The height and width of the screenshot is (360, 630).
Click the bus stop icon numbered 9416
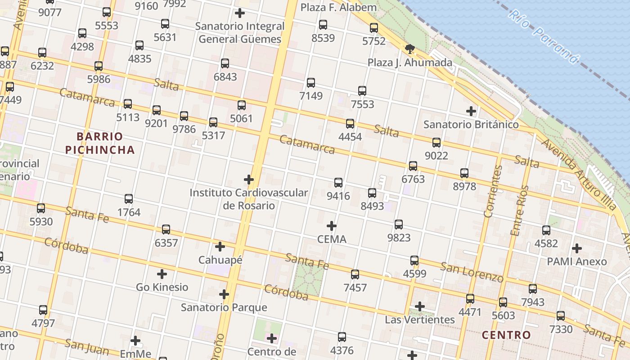[x=338, y=183]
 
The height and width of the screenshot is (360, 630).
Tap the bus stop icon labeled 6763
[x=413, y=166]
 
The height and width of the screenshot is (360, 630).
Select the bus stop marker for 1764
[x=129, y=199]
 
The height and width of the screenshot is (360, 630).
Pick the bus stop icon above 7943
[x=533, y=289]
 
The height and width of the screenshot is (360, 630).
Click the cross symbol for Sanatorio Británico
[x=471, y=111]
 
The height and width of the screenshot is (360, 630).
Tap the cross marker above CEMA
[x=332, y=225]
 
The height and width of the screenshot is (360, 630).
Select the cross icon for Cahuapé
[x=220, y=247]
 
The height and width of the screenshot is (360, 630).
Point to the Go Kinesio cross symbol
[x=162, y=274]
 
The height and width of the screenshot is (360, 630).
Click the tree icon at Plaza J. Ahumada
[x=409, y=49]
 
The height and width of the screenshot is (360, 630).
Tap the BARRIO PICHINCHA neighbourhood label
[x=100, y=143]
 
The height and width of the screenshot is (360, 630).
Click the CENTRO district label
[x=506, y=335]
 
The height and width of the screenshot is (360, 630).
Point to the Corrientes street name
[x=494, y=191]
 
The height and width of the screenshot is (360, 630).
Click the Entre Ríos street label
[x=518, y=210]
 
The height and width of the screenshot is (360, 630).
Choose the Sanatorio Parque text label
[x=224, y=308]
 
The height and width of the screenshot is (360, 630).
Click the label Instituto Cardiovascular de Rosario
[x=249, y=199]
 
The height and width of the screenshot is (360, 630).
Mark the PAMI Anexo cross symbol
[x=576, y=248]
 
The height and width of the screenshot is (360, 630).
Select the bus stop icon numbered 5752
[x=374, y=28]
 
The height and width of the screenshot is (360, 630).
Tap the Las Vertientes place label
[x=420, y=319]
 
